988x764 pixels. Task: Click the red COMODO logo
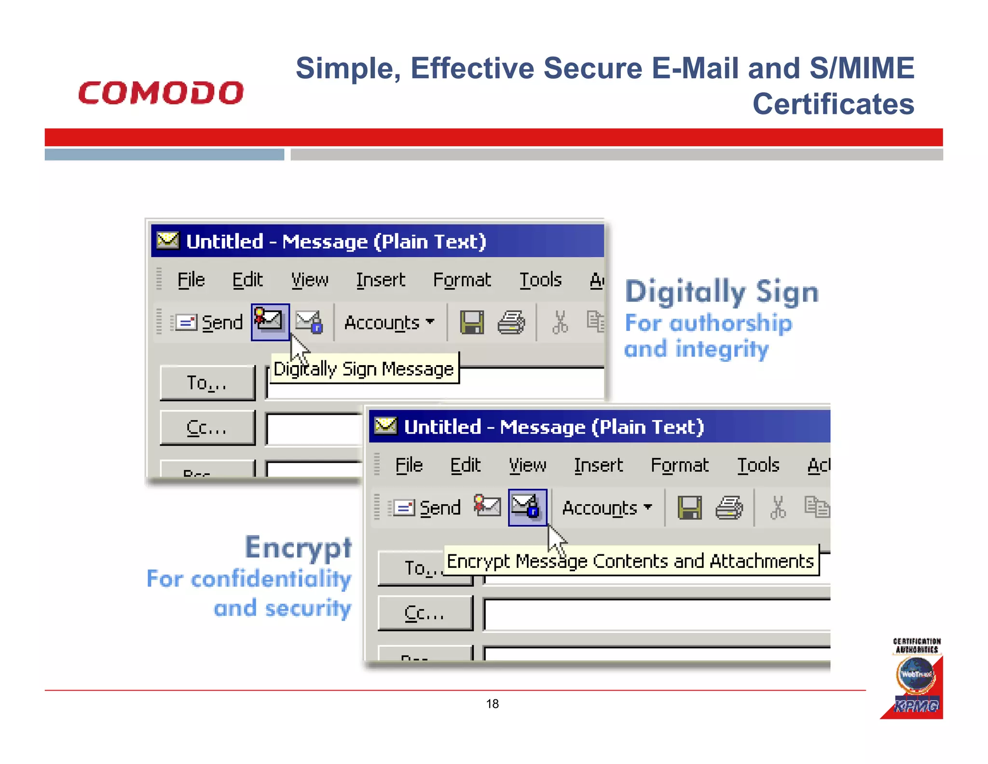(x=161, y=93)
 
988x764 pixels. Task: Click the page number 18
(x=492, y=704)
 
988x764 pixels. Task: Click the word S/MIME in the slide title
(x=862, y=68)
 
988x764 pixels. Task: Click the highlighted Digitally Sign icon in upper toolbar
(x=270, y=322)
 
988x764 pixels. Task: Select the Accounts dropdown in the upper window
(x=389, y=322)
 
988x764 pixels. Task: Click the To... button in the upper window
(x=207, y=383)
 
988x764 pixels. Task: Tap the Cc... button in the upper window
(x=207, y=428)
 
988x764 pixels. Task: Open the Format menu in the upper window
(x=462, y=280)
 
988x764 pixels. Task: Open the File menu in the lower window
(x=409, y=465)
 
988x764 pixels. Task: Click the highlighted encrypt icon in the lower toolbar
(x=527, y=507)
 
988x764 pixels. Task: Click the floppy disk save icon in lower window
(x=689, y=508)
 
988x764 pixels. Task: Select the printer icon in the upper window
(x=511, y=322)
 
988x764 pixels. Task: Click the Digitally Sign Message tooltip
(x=364, y=369)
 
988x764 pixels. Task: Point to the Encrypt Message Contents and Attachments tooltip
(x=630, y=561)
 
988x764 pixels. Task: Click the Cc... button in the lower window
(x=425, y=613)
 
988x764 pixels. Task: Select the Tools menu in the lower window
(x=758, y=465)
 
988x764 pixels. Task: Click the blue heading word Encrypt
(x=298, y=548)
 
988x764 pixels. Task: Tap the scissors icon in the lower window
(x=778, y=508)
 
